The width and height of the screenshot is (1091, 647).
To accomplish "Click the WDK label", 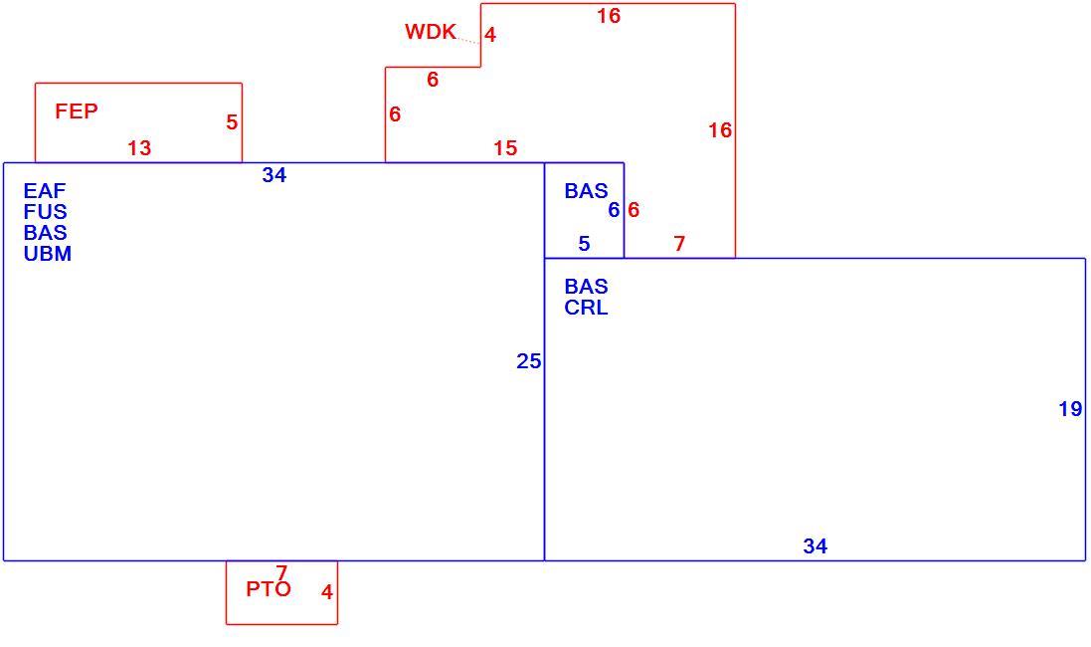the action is pos(431,31).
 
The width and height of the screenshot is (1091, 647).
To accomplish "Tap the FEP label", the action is pos(77,110).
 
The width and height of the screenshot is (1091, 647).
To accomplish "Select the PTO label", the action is pos(269,589).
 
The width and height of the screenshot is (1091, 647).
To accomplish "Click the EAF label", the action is pos(45,191).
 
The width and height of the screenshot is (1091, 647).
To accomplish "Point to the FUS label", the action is pos(45,212).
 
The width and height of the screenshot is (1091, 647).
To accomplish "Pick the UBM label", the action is pos(48,254).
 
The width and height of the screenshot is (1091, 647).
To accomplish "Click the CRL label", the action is pos(586,308).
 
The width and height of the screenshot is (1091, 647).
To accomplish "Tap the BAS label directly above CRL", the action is pos(586,287).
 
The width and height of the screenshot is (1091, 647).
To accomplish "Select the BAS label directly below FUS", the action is pos(45,233).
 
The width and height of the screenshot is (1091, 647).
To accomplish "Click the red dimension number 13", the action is pos(139,147).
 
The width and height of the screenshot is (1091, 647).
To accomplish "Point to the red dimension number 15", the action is pos(505,147).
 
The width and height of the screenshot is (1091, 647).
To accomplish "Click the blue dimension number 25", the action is pos(529,360).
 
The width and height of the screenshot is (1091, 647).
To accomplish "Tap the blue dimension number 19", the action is pos(1071,409).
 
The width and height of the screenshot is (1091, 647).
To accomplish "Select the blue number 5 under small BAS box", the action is pos(585,244).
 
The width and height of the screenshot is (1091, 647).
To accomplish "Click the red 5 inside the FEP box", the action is pos(232,122).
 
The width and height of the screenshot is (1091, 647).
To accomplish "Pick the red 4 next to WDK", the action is pos(490,35).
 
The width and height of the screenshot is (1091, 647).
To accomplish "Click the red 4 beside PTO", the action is pos(327,592).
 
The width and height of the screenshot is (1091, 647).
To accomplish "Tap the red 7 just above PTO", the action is pos(281,572).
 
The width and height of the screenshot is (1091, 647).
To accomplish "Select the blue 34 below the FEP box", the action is pos(274,175).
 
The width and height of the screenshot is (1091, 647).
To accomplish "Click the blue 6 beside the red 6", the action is pos(614,210).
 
